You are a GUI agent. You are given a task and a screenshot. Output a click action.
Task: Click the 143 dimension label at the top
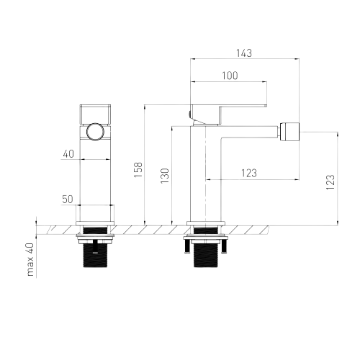coord(244,53)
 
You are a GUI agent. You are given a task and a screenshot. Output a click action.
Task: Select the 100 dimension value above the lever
coord(230,76)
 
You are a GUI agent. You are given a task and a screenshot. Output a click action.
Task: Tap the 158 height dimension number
coord(138,170)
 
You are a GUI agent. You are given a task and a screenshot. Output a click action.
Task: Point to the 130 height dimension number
coord(165,176)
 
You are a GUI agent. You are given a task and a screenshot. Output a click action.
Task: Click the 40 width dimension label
coord(68,154)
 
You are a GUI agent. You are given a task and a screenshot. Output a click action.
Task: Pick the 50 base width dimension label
coord(68,199)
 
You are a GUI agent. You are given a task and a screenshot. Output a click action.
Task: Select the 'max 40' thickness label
coord(30,259)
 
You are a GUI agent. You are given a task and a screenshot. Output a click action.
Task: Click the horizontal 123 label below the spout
coord(249,173)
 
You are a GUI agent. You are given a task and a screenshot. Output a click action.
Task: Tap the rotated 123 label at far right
coord(330,182)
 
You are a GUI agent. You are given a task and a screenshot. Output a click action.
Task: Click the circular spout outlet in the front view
coord(95,132)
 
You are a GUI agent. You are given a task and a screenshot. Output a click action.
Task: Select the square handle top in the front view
coord(95,114)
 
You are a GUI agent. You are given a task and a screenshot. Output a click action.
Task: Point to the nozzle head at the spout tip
coord(289,132)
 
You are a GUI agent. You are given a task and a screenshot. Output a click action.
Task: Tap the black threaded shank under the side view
coord(206,254)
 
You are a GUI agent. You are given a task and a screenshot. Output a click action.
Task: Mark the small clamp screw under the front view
coord(95,246)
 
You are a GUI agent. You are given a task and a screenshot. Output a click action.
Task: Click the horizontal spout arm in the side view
coord(250,132)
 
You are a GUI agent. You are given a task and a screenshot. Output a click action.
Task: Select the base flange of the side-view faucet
coord(206,223)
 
